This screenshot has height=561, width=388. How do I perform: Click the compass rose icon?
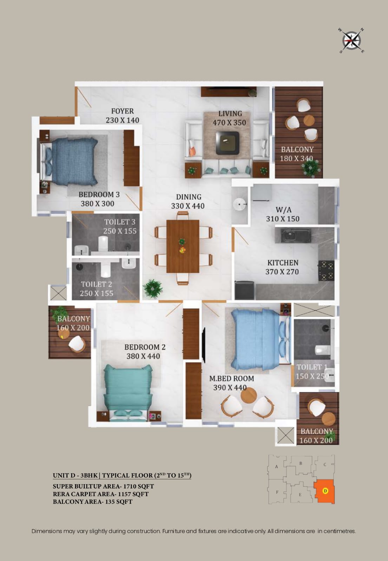(351, 41)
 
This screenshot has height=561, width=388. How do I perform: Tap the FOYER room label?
(123, 111)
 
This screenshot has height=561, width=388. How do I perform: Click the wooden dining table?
(183, 246)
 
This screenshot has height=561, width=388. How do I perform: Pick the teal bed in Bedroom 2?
(128, 392)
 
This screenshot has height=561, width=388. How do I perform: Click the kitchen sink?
(292, 236)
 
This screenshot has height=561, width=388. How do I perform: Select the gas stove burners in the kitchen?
(326, 270)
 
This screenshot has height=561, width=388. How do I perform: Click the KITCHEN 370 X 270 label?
(282, 267)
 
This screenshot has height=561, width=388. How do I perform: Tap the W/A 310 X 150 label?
(283, 214)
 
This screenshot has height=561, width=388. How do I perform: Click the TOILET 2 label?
(97, 284)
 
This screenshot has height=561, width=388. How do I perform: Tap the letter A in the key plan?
(277, 467)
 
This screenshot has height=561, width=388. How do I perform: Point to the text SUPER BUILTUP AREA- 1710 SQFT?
(103, 486)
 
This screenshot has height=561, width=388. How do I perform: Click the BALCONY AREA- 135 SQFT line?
(93, 502)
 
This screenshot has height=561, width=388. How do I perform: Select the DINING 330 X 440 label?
(188, 201)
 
